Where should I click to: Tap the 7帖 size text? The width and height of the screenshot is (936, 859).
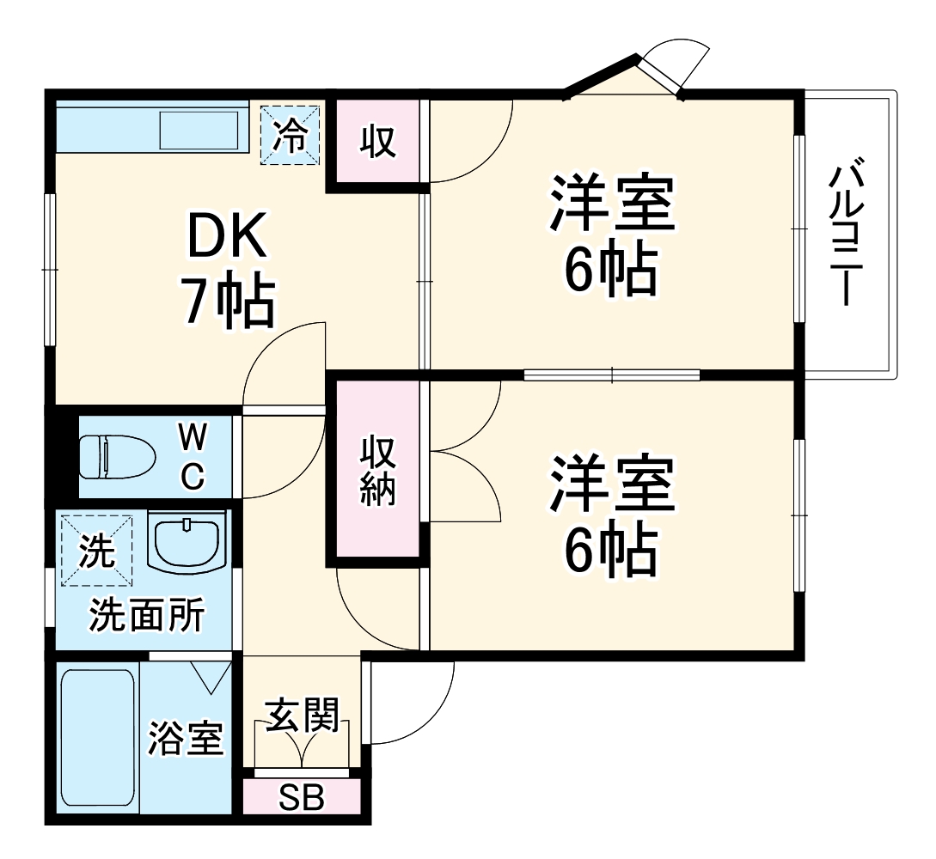pos(227,300)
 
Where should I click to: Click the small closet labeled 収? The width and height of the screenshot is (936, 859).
pos(377,140)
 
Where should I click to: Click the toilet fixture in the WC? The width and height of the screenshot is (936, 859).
pos(116,456)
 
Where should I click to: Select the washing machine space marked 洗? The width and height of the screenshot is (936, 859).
pos(96,550)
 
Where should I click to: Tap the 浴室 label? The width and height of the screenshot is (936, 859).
pos(185,739)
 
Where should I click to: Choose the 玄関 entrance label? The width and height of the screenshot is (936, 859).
pos(301,715)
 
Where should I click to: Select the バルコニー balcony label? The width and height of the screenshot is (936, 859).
pos(847,230)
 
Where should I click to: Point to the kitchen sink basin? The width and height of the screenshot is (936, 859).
pos(199,131)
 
